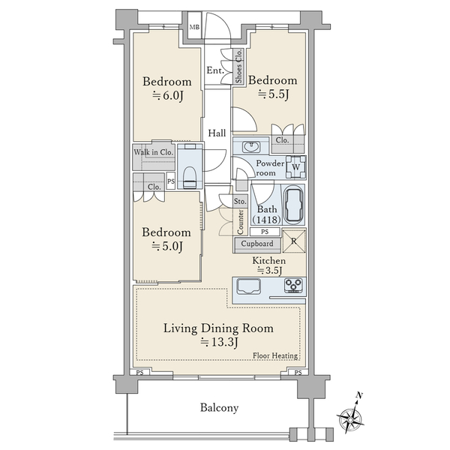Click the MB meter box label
pyautogui.click(x=194, y=27)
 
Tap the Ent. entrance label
pyautogui.click(x=215, y=70)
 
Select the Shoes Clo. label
pyautogui.click(x=238, y=66)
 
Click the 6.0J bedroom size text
pyautogui.click(x=167, y=95)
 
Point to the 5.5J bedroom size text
pyautogui.click(x=273, y=94)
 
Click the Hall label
pyautogui.click(x=217, y=133)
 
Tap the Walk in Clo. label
pyautogui.click(x=154, y=152)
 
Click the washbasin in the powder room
pyautogui.click(x=251, y=147)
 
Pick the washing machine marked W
pyautogui.click(x=296, y=167)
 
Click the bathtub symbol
pyautogui.click(x=293, y=204)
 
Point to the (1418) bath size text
pyautogui.click(x=266, y=220)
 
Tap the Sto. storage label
pyautogui.click(x=240, y=201)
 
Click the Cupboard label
pyautogui.click(x=257, y=244)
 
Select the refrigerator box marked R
pyautogui.click(x=294, y=241)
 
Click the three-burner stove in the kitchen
pyautogui.click(x=293, y=286)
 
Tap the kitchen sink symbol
pyautogui.click(x=248, y=286)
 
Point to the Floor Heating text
pyautogui.click(x=275, y=355)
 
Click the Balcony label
pyautogui.click(x=219, y=408)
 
